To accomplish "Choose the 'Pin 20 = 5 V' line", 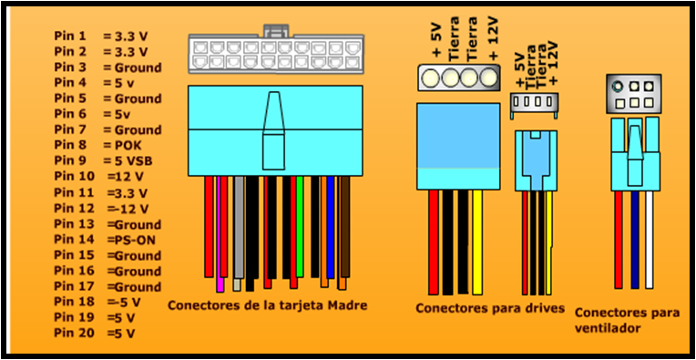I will pyautogui.click(x=97, y=334).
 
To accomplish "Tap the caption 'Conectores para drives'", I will pyautogui.click(x=490, y=307).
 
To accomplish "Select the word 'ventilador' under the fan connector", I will pyautogui.click(x=609, y=326).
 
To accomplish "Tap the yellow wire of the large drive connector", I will pyautogui.click(x=476, y=242).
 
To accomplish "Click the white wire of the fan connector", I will pyautogui.click(x=649, y=242).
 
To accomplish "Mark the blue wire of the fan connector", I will pyautogui.click(x=634, y=242).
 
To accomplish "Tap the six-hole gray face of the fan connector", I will pyautogui.click(x=632, y=95).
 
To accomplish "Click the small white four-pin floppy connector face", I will pyautogui.click(x=532, y=105).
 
